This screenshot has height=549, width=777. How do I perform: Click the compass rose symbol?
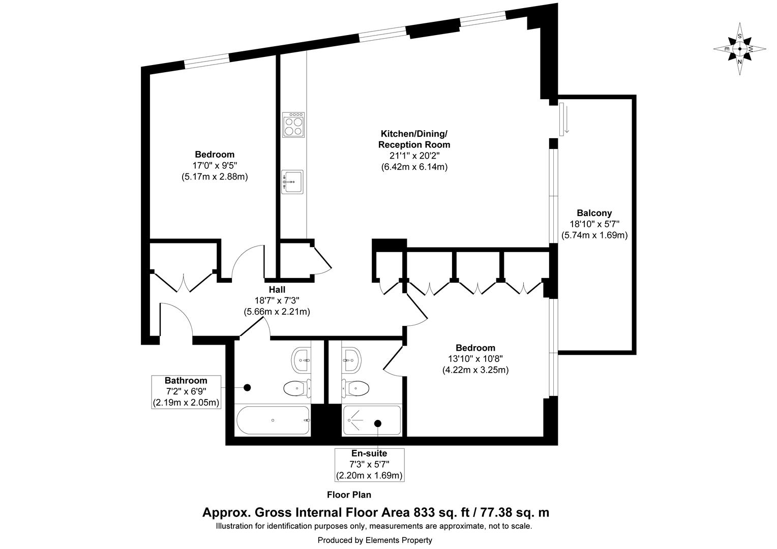click(x=740, y=49)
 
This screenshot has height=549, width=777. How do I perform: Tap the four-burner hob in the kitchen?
click(x=293, y=125)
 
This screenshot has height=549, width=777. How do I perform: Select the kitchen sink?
click(x=292, y=181)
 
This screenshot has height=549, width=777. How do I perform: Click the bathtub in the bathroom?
click(x=273, y=420)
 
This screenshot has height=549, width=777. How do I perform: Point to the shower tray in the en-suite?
click(x=372, y=420)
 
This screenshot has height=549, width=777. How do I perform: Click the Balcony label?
click(x=594, y=213)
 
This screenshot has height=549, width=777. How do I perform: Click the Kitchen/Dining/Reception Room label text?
click(x=414, y=139)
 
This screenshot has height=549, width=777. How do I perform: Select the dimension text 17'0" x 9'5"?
click(x=214, y=166)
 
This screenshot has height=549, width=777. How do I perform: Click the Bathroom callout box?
click(x=186, y=392)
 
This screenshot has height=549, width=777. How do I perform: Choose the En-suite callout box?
click(x=369, y=464)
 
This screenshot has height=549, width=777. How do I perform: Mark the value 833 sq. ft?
click(x=441, y=512)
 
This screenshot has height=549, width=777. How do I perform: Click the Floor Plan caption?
click(x=349, y=495)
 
